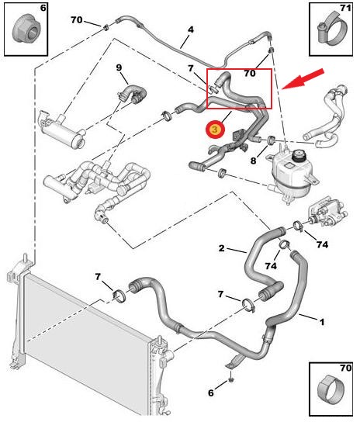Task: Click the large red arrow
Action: pyautogui.click(x=303, y=79)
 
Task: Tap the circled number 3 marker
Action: pyautogui.click(x=215, y=130)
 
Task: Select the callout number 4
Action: pyautogui.click(x=191, y=29)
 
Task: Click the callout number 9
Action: pyautogui.click(x=119, y=67)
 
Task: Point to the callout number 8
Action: pyautogui.click(x=253, y=161)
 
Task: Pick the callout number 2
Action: pyautogui.click(x=221, y=248)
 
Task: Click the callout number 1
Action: pyautogui.click(x=321, y=322)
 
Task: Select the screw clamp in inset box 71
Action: pyautogui.click(x=332, y=29)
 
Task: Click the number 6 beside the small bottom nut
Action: pyautogui.click(x=211, y=393)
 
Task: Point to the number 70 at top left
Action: pyautogui.click(x=77, y=19)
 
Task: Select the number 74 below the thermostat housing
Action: pyautogui.click(x=322, y=244)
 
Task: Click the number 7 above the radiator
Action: pyautogui.click(x=98, y=276)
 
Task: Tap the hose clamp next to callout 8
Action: pyautogui.click(x=271, y=140)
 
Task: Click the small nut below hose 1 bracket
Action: pyautogui.click(x=230, y=380)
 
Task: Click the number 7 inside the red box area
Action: pyautogui.click(x=191, y=68)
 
